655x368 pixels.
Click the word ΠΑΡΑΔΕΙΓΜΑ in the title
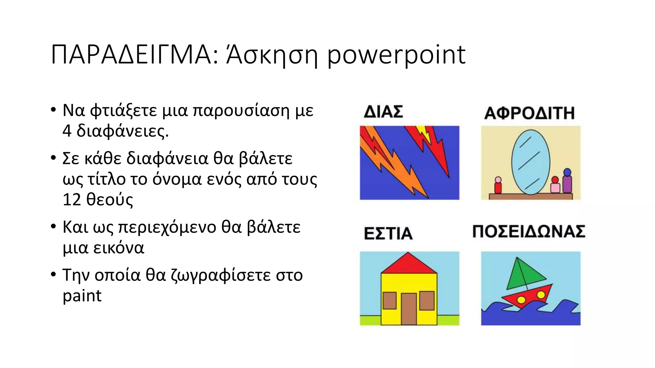[x=130, y=55]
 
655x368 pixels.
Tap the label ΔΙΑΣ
[x=383, y=112]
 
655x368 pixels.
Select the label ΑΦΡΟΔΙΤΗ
[x=529, y=113]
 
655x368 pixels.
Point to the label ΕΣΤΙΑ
[x=388, y=233]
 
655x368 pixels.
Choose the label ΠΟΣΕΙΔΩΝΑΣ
[x=529, y=232]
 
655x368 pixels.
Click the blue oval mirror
[x=531, y=162]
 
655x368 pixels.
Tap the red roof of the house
[x=408, y=264]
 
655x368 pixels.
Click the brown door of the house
[x=409, y=308]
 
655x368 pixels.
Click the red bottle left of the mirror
[x=498, y=187]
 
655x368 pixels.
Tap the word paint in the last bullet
[x=82, y=296]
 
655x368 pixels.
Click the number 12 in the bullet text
[x=72, y=200]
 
